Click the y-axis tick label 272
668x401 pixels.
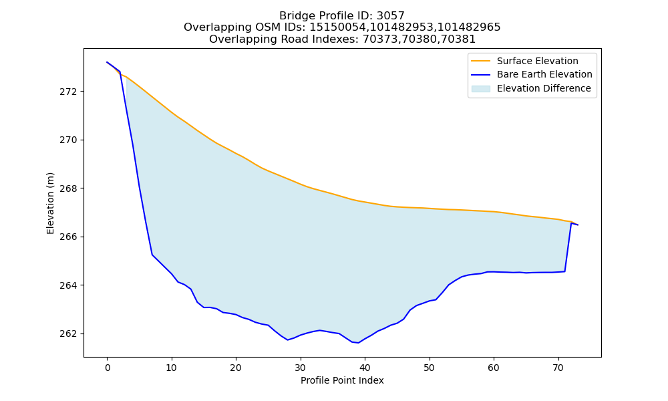coord(67,92)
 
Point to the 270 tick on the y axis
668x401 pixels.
coord(67,140)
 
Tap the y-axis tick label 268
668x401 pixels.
coord(67,188)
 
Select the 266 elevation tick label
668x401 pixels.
coord(67,237)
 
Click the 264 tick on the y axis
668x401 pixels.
coord(67,285)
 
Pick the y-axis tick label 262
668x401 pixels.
coord(67,333)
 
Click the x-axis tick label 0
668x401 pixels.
coord(108,368)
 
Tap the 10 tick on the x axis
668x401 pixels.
coord(172,368)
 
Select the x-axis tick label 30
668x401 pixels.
coord(301,368)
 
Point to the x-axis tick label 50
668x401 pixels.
coord(430,368)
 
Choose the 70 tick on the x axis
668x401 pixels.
coord(558,368)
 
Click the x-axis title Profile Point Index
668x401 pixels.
coord(342,380)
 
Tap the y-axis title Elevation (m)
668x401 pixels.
coord(50,203)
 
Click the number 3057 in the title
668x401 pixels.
coord(391,16)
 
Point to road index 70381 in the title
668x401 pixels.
coord(458,39)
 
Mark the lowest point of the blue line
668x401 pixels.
coord(358,343)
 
